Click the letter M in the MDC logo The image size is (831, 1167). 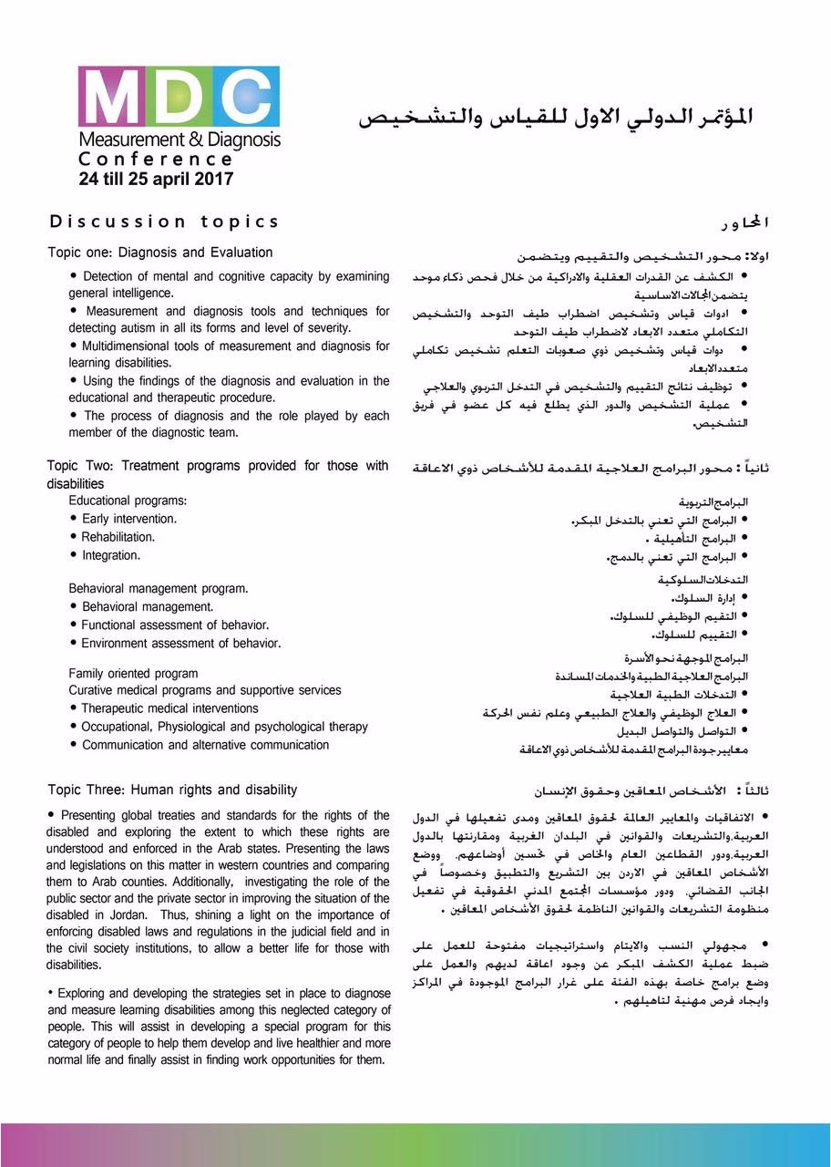pos(110,98)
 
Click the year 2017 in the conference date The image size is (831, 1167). pos(214,180)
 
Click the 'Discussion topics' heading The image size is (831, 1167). pos(165,222)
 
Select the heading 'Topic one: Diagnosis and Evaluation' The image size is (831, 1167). pos(160,253)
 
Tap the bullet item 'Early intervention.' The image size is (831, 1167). pos(129,519)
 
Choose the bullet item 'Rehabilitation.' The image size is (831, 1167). pos(118,537)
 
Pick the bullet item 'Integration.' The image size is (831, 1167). pos(111,555)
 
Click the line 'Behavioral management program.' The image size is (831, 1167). pos(159,589)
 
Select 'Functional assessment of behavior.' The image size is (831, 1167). pos(175,625)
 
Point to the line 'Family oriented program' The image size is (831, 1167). pos(133,674)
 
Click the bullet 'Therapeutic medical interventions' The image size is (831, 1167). pos(169,708)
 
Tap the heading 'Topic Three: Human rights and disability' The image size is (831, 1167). pos(172,790)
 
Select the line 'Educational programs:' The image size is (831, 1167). pos(128,501)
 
